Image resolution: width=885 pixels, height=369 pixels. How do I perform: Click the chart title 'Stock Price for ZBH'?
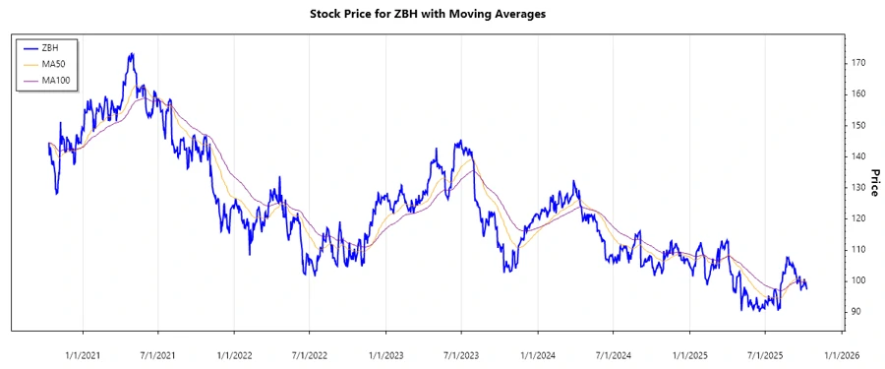coord(442,14)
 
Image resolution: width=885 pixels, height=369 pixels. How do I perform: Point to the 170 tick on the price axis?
coord(857,63)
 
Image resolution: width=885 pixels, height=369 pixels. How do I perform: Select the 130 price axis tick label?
coord(857,187)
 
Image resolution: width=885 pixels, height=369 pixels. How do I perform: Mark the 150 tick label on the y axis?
coord(857,125)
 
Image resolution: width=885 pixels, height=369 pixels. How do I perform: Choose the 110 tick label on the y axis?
coord(857,249)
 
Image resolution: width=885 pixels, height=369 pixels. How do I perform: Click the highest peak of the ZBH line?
coord(131,54)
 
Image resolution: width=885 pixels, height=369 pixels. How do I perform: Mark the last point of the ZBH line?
coord(807,288)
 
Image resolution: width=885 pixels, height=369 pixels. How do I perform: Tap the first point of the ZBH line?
coord(48,144)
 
